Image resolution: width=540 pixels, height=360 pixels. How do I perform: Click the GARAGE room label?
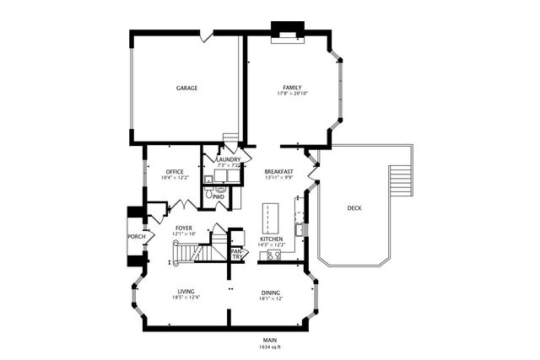tap(186, 88)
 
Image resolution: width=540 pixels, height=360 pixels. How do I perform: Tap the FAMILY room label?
tap(292, 88)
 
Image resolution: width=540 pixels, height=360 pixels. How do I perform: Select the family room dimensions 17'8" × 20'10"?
tap(292, 95)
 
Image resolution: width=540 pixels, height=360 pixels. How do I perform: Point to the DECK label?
tap(355, 207)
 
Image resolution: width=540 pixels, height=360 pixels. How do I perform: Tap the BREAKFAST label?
tap(278, 171)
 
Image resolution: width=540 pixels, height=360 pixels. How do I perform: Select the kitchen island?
tap(270, 218)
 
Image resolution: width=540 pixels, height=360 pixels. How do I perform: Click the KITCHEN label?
tap(271, 239)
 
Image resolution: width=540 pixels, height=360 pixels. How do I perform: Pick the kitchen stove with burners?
tap(274, 257)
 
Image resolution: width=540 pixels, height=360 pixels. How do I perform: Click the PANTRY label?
tap(237, 252)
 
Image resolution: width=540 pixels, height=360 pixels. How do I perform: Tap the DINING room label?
tap(271, 293)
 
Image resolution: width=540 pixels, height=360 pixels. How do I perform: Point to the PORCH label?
tap(137, 237)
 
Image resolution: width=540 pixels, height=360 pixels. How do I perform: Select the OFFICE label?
tap(175, 171)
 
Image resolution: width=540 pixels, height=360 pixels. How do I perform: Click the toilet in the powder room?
tap(221, 191)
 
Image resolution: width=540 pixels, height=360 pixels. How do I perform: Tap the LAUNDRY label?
tap(229, 159)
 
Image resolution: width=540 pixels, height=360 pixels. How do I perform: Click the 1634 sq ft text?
tap(270, 347)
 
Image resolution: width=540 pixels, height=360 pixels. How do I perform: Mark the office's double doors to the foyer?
tap(183, 205)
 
